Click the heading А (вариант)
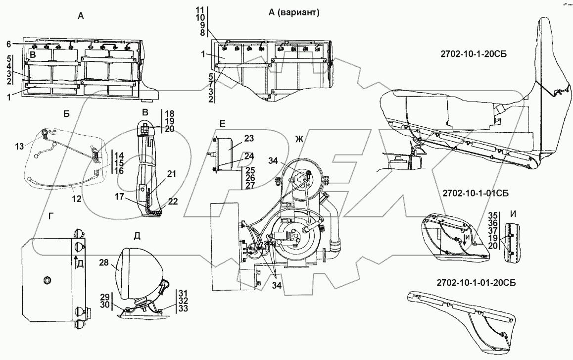click(x=294, y=12)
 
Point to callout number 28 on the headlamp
click(x=104, y=262)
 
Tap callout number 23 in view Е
click(x=249, y=139)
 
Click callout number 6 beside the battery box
click(x=8, y=44)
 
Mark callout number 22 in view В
click(x=173, y=202)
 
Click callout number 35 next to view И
click(x=493, y=215)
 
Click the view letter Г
click(x=51, y=217)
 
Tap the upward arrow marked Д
click(x=75, y=262)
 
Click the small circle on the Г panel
click(x=47, y=280)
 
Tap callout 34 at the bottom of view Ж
click(x=277, y=286)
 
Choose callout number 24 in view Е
click(x=249, y=156)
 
